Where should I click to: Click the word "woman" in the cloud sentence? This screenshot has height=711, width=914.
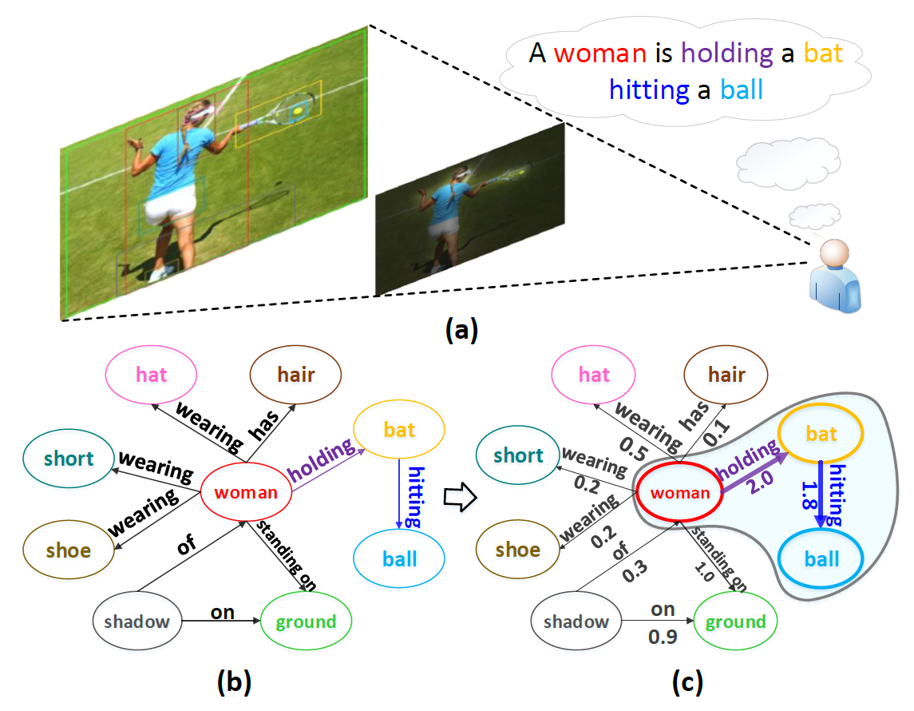[x=599, y=54]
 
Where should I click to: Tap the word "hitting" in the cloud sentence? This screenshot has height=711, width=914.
[x=649, y=89]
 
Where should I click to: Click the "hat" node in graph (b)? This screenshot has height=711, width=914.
[x=152, y=374]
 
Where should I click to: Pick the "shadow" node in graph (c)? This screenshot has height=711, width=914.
[x=576, y=622]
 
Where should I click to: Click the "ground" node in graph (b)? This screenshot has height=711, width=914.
[x=305, y=622]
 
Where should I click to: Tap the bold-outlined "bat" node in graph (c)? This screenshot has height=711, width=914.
[x=821, y=434]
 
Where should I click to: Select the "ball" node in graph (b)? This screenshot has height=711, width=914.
[x=399, y=558]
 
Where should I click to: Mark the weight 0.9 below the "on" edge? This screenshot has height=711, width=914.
[x=663, y=638]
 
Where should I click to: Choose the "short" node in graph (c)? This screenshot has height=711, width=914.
[x=518, y=455]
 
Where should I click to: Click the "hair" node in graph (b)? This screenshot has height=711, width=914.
[x=296, y=374]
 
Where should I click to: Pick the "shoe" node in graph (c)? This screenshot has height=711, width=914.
[x=518, y=550]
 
